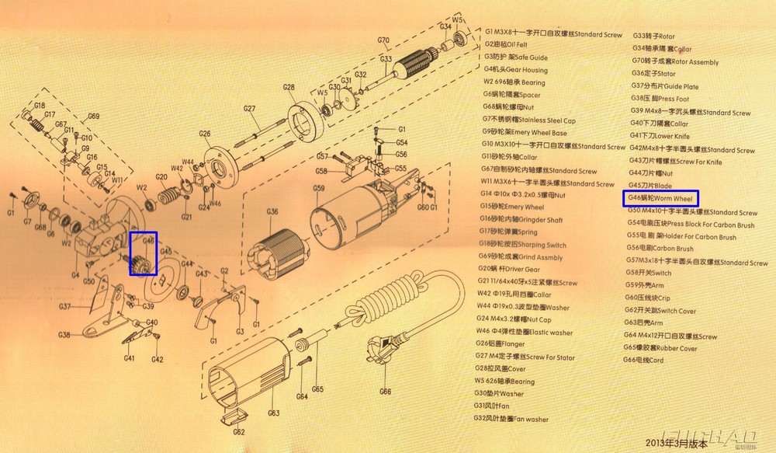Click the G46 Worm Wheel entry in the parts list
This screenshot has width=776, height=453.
click(x=660, y=199)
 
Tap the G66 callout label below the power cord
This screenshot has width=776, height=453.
click(x=385, y=392)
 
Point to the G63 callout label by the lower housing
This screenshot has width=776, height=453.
click(x=272, y=413)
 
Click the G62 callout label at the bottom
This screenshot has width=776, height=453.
click(x=239, y=432)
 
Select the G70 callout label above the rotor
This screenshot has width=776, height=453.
click(x=383, y=40)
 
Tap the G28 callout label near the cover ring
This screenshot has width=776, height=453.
click(x=289, y=87)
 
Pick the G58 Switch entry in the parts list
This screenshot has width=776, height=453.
click(x=650, y=273)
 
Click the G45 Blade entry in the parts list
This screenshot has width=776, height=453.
click(x=650, y=186)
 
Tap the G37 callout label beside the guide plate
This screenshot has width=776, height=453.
click(x=65, y=306)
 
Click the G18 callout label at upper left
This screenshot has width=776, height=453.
click(x=40, y=105)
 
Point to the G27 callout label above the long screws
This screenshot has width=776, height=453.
click(x=250, y=108)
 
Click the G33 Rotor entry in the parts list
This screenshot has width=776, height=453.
click(x=654, y=36)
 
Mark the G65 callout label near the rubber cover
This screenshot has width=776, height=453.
click(x=317, y=389)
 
